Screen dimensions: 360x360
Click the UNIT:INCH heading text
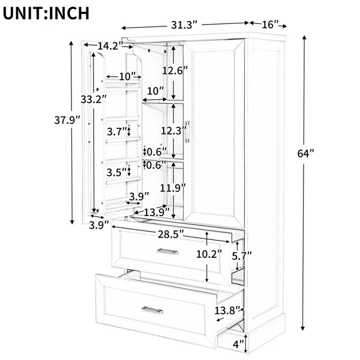pos(46,13)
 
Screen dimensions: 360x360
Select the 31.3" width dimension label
pos(184,25)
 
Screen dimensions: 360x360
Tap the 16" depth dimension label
pos(270,25)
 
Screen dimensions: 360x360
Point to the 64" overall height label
pos(305,154)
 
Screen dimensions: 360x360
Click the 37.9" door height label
pos(67,120)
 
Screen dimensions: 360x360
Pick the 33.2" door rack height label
pos(94,99)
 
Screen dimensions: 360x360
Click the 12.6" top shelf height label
pos(175,70)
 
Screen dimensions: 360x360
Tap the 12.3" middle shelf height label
pos(173,131)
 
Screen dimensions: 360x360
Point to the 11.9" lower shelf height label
pos(173,188)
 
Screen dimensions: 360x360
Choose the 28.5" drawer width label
pos(171,235)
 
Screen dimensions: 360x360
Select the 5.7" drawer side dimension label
pos(242,256)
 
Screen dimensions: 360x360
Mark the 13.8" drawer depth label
pos(227,311)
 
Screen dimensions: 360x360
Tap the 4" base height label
pos(238,344)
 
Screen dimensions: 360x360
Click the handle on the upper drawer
pos(167,251)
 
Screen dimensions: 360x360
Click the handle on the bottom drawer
pos(152,310)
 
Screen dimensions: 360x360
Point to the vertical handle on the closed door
pos(188,132)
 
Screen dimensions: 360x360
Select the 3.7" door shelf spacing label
pos(118,132)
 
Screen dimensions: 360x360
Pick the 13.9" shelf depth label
pos(157,212)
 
